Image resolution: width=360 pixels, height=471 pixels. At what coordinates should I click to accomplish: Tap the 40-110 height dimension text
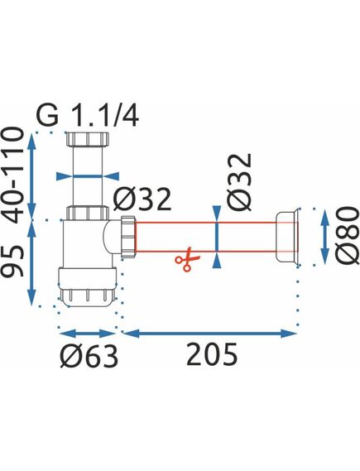[x=13, y=175]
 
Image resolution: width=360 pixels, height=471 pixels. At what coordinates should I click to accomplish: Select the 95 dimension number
[x=13, y=261]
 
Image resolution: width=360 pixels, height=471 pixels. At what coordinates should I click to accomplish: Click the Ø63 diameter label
[x=89, y=356]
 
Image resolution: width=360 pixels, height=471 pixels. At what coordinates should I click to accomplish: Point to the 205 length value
[x=212, y=354]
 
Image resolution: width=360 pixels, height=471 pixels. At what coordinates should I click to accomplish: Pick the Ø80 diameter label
[x=348, y=235]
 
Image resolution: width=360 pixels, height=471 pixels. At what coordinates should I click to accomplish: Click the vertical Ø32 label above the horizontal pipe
[x=239, y=181]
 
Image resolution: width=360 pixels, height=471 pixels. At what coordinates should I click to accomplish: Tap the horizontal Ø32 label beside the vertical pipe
[x=142, y=199]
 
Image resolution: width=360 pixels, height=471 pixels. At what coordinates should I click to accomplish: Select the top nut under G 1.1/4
[x=87, y=139]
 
